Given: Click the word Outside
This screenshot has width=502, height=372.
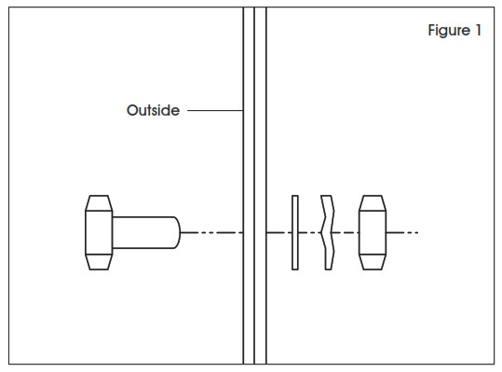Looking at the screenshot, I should pyautogui.click(x=153, y=111).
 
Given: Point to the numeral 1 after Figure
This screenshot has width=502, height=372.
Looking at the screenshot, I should pyautogui.click(x=479, y=31).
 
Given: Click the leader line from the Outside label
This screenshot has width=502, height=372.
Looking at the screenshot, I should pyautogui.click(x=215, y=111).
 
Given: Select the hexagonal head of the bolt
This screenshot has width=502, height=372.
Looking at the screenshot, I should pyautogui.click(x=99, y=232).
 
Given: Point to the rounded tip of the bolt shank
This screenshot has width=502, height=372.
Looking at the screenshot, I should pyautogui.click(x=175, y=232).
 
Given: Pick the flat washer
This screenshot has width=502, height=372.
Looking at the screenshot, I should pyautogui.click(x=295, y=232).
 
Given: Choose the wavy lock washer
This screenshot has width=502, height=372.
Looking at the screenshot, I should pyautogui.click(x=327, y=232).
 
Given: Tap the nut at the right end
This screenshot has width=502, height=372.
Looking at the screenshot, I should pyautogui.click(x=372, y=232).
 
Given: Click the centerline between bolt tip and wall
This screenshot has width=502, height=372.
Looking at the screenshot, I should pyautogui.click(x=210, y=232).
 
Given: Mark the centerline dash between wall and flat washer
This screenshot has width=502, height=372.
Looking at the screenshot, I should pyautogui.click(x=278, y=232).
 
